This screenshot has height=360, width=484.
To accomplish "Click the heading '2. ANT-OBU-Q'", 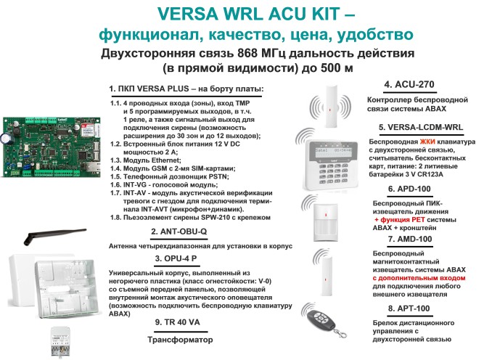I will (x=179, y=231).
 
